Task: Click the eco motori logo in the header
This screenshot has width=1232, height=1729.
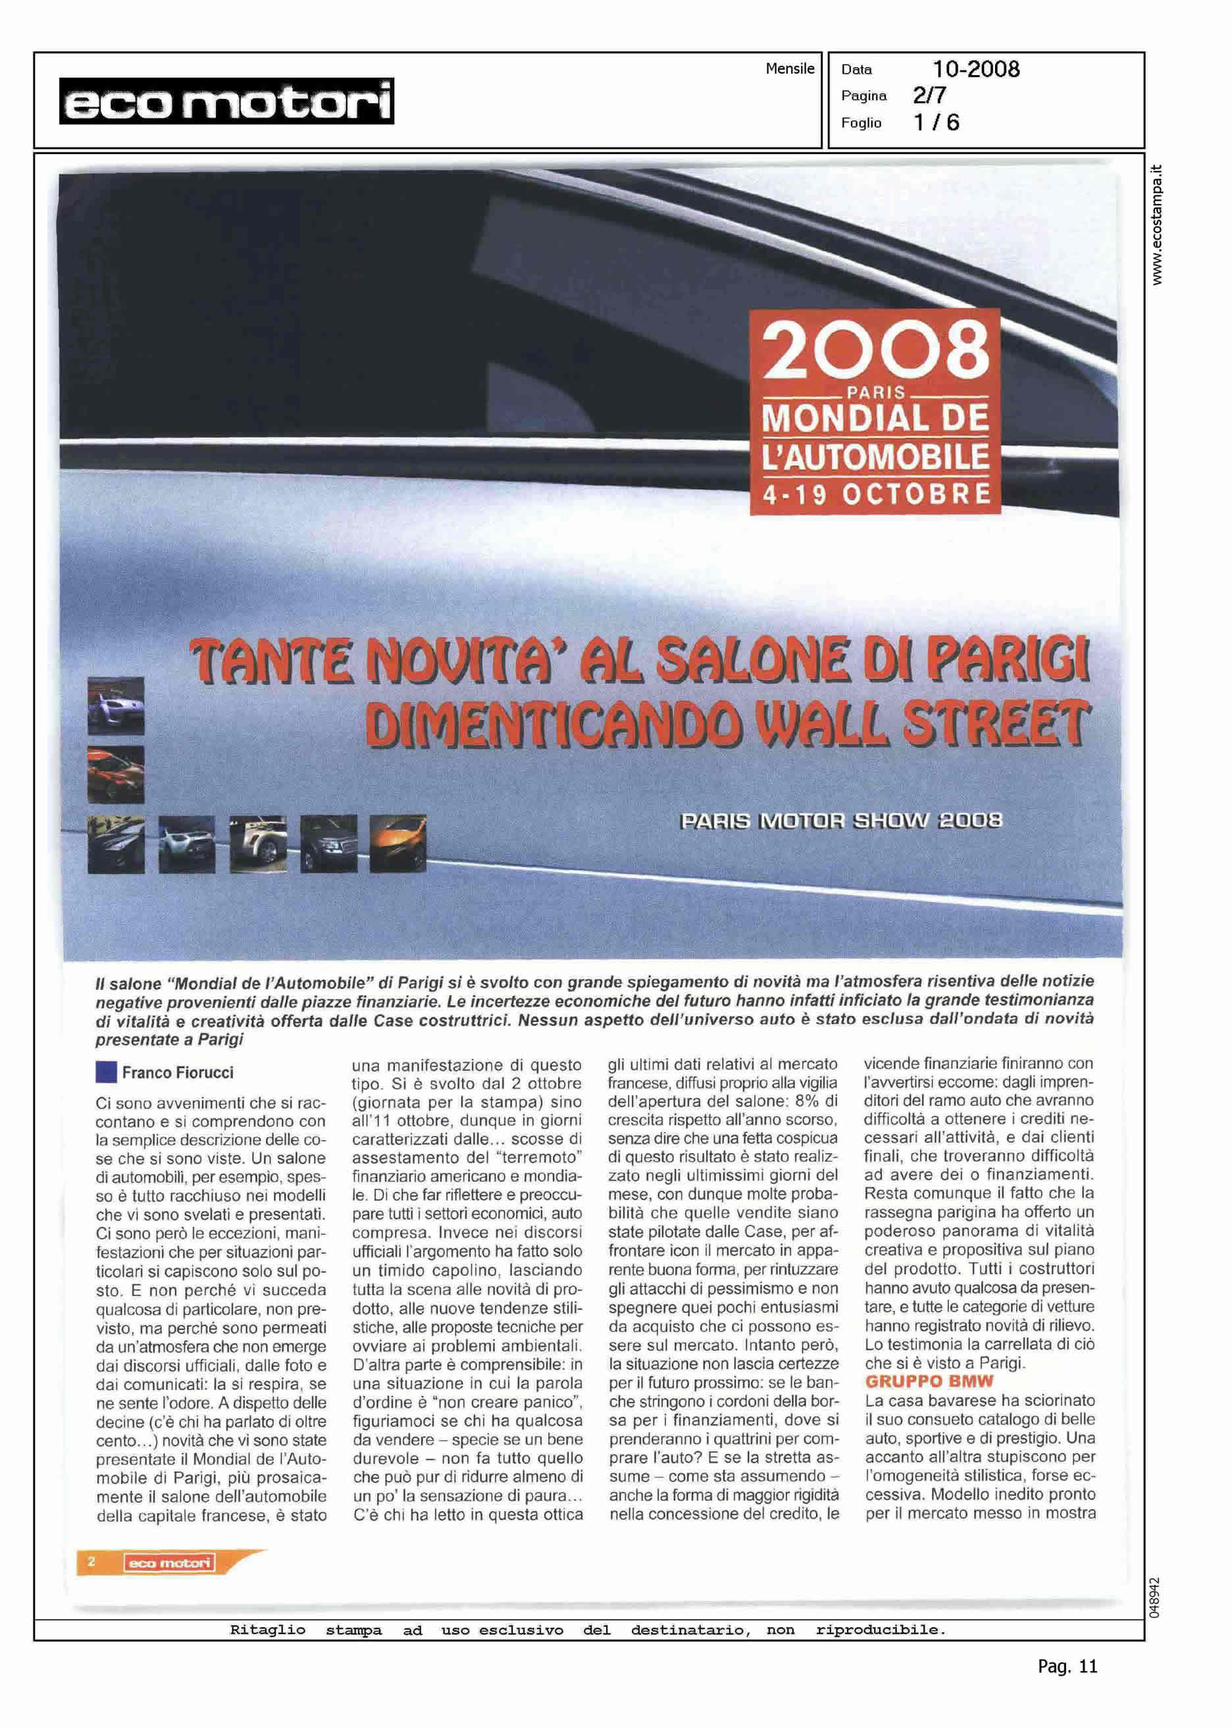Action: [226, 101]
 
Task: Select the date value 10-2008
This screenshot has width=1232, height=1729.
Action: [975, 70]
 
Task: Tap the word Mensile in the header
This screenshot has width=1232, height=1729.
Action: [789, 69]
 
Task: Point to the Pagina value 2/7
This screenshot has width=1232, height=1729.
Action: [929, 95]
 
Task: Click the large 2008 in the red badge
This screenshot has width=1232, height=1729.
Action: [875, 351]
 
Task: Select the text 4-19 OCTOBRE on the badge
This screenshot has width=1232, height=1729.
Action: [876, 496]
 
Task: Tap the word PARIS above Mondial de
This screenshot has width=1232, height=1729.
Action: [876, 392]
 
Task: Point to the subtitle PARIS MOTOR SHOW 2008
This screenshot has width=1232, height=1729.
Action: [841, 821]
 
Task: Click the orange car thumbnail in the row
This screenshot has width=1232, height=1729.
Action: [398, 844]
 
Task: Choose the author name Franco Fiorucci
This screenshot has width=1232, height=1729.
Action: [178, 1073]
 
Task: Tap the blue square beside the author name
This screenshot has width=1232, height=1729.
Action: [106, 1073]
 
